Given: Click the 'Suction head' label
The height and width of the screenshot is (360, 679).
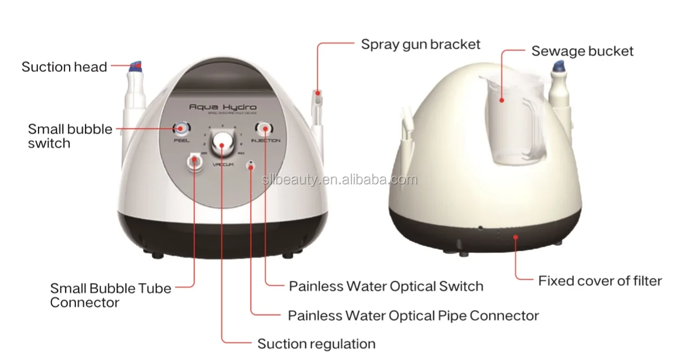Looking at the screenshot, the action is tap(64, 67).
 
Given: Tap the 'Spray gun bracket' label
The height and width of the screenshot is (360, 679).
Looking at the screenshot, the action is tap(420, 44).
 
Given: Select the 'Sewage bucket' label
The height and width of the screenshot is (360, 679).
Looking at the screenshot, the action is tap(582, 51).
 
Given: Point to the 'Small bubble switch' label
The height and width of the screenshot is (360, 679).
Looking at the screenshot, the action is tap(70, 136).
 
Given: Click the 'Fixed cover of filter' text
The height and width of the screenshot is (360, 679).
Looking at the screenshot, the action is tap(600, 280).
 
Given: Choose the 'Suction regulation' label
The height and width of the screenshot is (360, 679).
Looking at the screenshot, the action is tap(316, 344).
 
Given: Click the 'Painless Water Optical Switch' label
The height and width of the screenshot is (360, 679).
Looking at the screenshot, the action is tap(386, 286).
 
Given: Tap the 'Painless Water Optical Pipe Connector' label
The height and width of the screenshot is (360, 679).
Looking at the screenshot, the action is tap(413, 315).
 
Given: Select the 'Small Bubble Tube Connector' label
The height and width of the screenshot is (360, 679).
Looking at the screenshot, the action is tap(110, 295).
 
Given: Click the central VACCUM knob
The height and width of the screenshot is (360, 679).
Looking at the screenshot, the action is tap(222, 145).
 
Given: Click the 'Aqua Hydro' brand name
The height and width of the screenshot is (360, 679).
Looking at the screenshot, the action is tap(222, 107).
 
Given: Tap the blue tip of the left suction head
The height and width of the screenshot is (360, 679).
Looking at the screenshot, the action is tap(136, 66).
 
